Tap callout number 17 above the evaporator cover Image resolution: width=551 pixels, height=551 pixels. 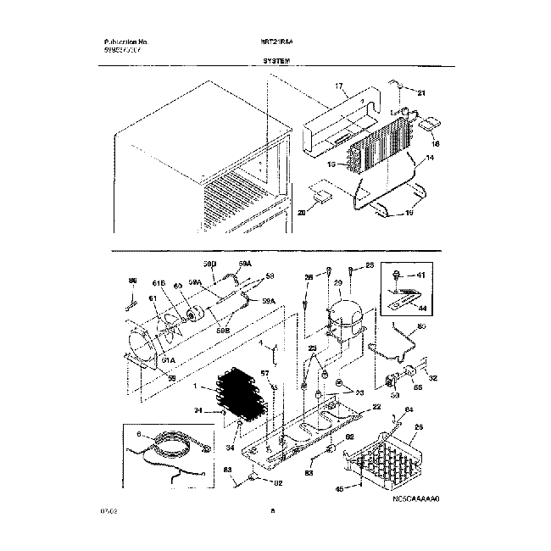click(337, 87)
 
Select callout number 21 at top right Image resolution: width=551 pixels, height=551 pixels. click(424, 92)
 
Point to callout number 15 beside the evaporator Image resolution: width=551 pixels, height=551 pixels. click(331, 164)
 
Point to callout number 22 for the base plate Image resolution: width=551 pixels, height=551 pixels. click(365, 407)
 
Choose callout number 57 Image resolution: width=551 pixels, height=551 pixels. click(264, 373)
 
